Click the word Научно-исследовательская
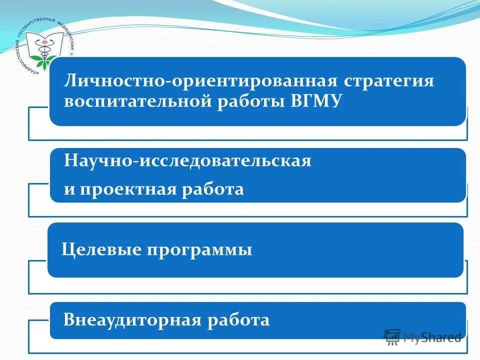coord(187,160)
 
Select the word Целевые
coord(100,249)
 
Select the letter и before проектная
coord(69,190)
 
